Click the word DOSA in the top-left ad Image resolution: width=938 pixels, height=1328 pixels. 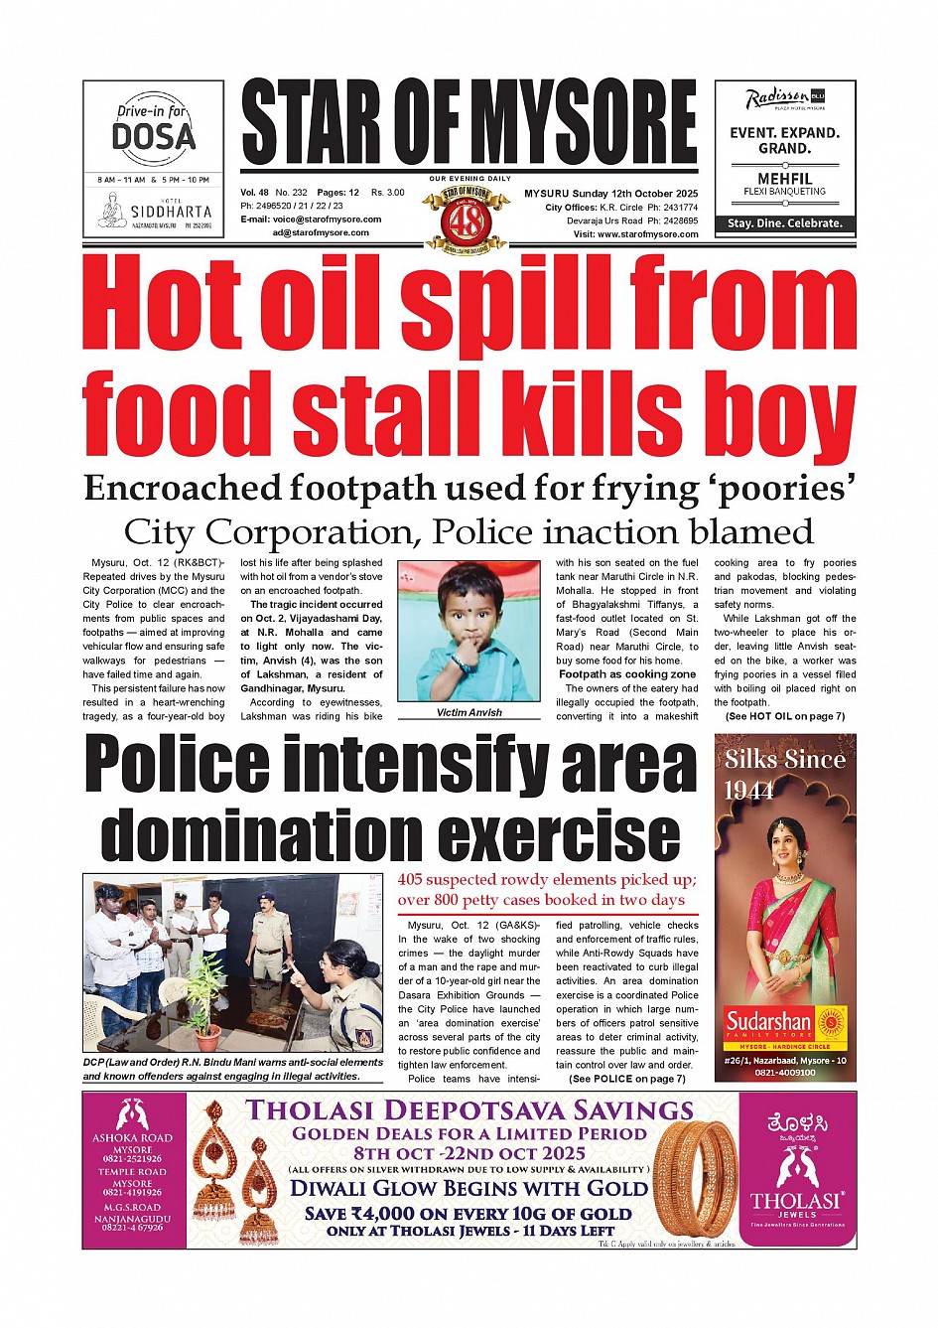click(153, 137)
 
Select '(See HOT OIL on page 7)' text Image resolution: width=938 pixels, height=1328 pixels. click(784, 716)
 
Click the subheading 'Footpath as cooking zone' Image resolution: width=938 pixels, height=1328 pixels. click(626, 674)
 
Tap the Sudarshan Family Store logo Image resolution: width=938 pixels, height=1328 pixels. click(784, 1023)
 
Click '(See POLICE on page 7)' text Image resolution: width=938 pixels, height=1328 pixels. click(626, 1079)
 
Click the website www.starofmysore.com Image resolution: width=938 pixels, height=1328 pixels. click(648, 234)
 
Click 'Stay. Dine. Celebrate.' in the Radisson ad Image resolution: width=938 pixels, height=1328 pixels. click(784, 223)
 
